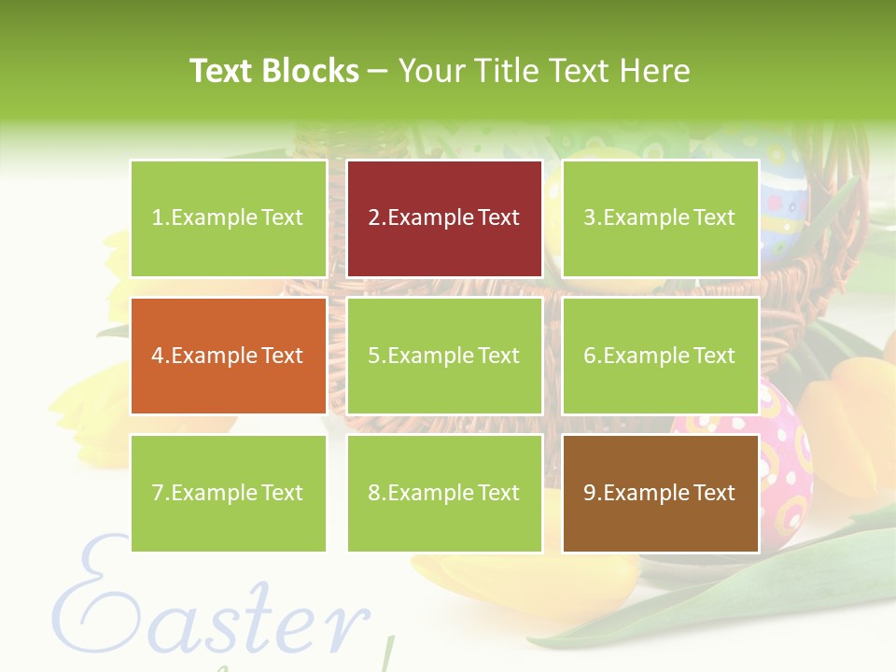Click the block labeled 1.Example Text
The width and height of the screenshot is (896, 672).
[x=228, y=218]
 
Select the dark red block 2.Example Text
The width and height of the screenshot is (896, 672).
[x=444, y=218]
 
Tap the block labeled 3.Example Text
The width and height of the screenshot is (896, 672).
[x=660, y=218]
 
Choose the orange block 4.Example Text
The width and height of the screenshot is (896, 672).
[x=228, y=356]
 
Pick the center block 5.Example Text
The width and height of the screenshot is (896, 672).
[x=444, y=356]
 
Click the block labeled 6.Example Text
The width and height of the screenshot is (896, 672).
[x=660, y=356]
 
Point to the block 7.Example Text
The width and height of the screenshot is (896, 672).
[x=228, y=493]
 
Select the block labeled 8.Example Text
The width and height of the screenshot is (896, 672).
[x=444, y=493]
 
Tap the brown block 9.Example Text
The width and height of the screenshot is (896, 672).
[x=660, y=493]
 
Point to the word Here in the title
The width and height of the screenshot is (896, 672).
[x=654, y=71]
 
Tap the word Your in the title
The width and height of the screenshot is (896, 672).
[x=432, y=71]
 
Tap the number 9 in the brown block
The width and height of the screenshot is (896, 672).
[x=590, y=493]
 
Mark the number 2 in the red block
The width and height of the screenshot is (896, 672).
[x=374, y=218]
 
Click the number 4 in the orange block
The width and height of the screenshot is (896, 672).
[x=158, y=356]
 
